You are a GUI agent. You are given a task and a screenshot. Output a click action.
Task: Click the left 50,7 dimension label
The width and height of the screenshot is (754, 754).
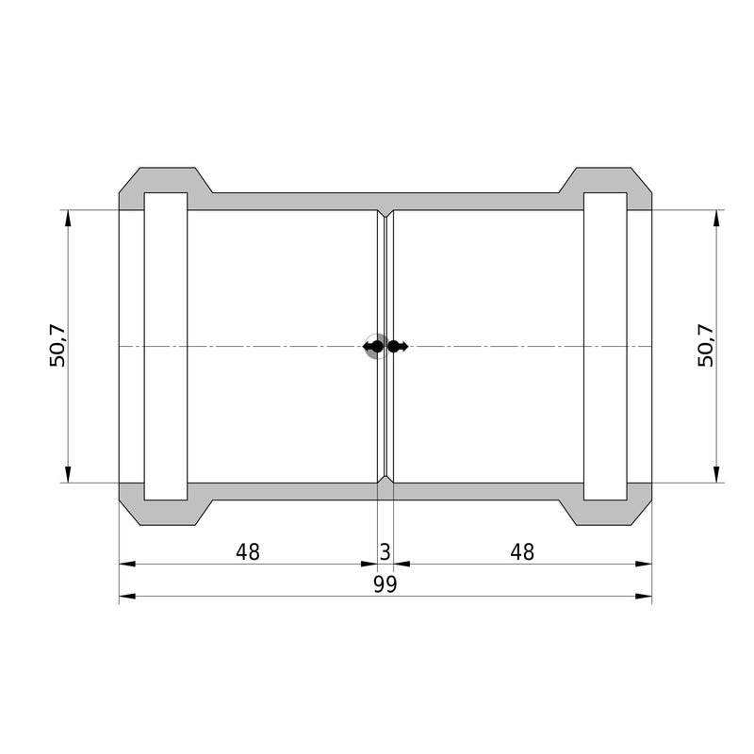pos(57,346)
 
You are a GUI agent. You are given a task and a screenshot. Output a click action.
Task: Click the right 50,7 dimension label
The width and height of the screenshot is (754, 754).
pos(706,346)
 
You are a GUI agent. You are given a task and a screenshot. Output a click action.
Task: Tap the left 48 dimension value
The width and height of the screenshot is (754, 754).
pos(248,552)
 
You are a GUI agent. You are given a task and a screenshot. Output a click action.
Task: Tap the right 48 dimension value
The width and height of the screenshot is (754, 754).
pos(522,552)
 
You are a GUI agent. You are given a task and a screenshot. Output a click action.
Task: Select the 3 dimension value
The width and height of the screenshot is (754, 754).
pos(385,552)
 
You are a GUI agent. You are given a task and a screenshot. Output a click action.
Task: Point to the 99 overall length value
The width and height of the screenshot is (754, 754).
pos(385,584)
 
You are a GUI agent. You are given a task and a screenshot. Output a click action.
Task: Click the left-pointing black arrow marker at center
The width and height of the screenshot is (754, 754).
pos(372,346)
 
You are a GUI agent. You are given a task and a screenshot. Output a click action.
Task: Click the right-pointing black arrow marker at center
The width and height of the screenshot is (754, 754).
pos(398,346)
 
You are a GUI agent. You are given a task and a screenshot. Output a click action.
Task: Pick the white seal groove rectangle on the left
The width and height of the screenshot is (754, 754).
pos(166,346)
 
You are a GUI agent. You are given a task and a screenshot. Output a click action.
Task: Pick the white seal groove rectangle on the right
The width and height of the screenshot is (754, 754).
pos(605,346)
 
